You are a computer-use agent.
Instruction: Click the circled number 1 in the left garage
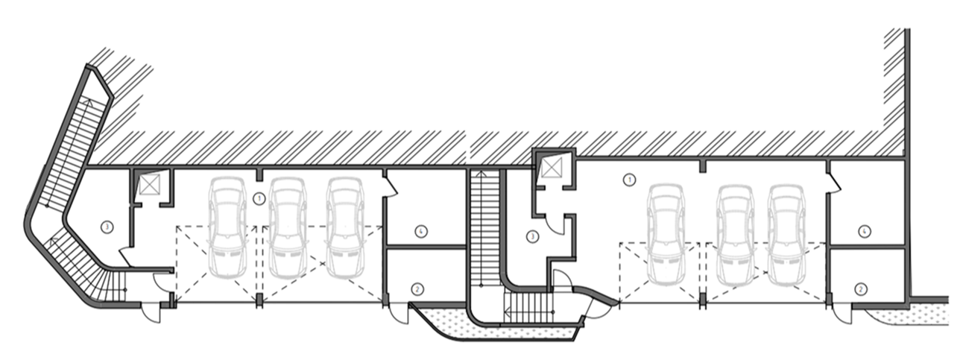(x=258, y=198)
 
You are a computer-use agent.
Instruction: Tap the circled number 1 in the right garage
(x=629, y=179)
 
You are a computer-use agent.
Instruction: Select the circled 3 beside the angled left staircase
(x=107, y=227)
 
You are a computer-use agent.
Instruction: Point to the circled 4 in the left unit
(x=422, y=231)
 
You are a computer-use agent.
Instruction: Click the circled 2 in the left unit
(x=417, y=288)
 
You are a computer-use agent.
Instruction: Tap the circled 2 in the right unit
(x=862, y=288)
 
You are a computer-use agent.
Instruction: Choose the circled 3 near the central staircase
(x=532, y=237)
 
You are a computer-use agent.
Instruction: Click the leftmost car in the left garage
(x=227, y=227)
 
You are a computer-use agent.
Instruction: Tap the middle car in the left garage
(x=288, y=227)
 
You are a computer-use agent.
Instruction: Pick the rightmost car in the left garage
(x=344, y=227)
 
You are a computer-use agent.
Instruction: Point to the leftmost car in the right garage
(x=666, y=234)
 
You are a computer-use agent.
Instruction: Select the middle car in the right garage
(x=735, y=234)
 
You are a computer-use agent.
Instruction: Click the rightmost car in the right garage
(x=789, y=234)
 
